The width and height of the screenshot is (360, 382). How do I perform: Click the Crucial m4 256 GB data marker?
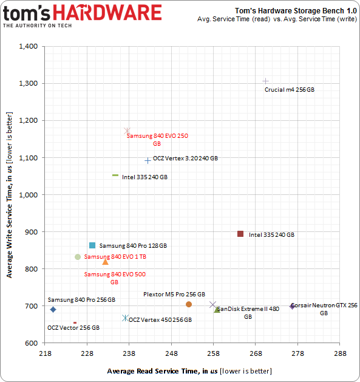[x=265, y=81]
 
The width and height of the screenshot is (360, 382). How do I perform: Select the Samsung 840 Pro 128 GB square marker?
[x=92, y=245]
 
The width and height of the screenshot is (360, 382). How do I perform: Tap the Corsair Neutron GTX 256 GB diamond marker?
[x=292, y=306]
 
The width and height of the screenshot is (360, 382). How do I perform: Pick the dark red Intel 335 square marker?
[x=240, y=234]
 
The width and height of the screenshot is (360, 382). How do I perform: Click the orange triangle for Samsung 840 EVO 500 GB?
[x=106, y=262]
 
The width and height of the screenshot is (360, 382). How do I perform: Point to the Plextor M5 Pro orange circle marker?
[x=189, y=304]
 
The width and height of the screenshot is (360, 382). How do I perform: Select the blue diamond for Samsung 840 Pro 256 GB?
[x=53, y=309]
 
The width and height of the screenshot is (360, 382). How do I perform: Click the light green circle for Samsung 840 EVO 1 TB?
[x=78, y=257]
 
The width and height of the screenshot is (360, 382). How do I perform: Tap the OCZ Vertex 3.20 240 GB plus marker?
[x=148, y=160]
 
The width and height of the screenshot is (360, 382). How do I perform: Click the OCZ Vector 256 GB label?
[x=73, y=327]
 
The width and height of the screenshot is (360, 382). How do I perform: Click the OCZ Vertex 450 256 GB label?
[x=160, y=319]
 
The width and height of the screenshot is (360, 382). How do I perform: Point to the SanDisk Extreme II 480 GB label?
[x=248, y=312]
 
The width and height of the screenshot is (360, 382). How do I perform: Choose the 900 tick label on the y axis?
[x=32, y=232]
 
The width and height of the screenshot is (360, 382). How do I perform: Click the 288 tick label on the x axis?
[x=339, y=353]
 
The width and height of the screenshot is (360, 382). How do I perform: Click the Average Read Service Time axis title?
[x=189, y=370]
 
